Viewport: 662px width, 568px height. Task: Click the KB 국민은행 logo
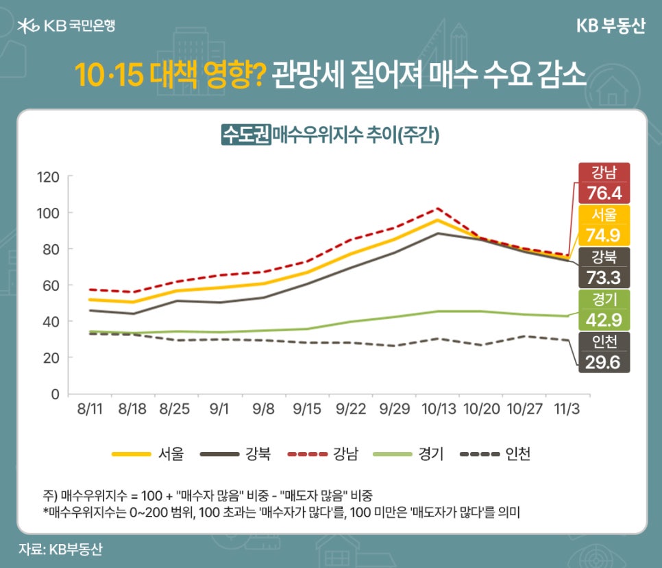[66, 26]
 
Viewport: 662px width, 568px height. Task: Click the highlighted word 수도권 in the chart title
[245, 134]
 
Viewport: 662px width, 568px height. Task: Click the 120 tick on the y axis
[49, 177]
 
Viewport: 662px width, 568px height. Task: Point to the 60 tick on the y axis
[53, 285]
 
